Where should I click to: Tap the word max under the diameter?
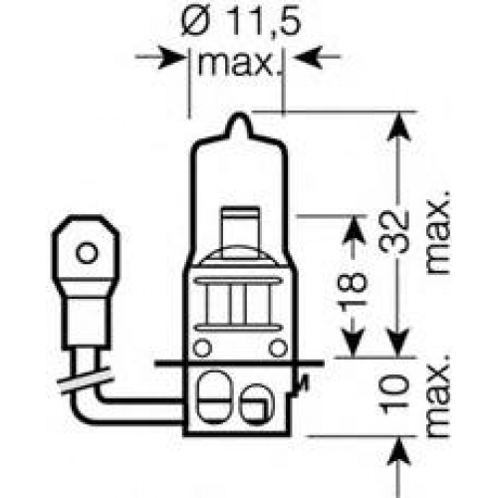tap(235, 63)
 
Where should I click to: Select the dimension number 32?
tap(394, 231)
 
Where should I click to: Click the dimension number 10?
tap(394, 394)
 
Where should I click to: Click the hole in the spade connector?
tap(87, 253)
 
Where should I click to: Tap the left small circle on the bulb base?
tap(202, 348)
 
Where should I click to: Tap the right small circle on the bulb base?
tap(278, 348)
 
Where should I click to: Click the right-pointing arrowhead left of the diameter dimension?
tap(171, 57)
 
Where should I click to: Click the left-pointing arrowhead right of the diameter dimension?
tap(308, 57)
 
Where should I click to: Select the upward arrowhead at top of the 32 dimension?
tap(398, 126)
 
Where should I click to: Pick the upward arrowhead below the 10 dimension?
tap(398, 451)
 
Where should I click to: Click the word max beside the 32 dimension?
tap(438, 232)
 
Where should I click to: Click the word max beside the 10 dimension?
tap(438, 395)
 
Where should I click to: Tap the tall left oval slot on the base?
tap(213, 396)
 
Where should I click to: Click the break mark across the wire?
tap(85, 380)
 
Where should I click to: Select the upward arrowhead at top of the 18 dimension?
tap(354, 230)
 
